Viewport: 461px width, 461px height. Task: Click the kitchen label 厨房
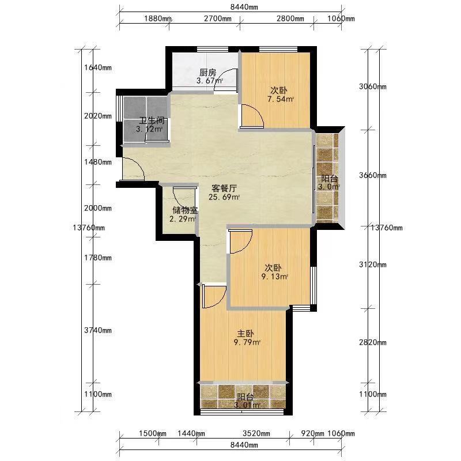(x=208, y=73)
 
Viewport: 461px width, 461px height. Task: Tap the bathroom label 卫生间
(x=152, y=121)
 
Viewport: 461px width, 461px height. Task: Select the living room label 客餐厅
(x=224, y=188)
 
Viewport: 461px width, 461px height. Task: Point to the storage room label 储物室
(x=185, y=210)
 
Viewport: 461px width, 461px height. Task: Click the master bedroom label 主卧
(x=245, y=334)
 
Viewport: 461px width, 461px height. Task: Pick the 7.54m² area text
(x=281, y=99)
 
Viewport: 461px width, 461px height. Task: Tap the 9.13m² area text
(x=275, y=277)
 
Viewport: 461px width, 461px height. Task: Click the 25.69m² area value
(x=224, y=197)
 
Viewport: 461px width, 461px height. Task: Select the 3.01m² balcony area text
(x=247, y=406)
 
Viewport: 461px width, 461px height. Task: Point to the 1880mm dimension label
(x=157, y=18)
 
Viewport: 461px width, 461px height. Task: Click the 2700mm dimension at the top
(x=218, y=18)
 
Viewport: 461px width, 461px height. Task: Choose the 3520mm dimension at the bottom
(x=256, y=433)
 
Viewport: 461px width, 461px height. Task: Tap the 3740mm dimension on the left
(x=98, y=330)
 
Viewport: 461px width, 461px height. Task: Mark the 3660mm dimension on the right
(x=373, y=175)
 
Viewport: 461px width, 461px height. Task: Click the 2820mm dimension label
(x=373, y=342)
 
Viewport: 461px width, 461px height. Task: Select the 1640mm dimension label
(x=98, y=67)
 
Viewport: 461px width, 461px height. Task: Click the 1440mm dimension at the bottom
(x=191, y=433)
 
